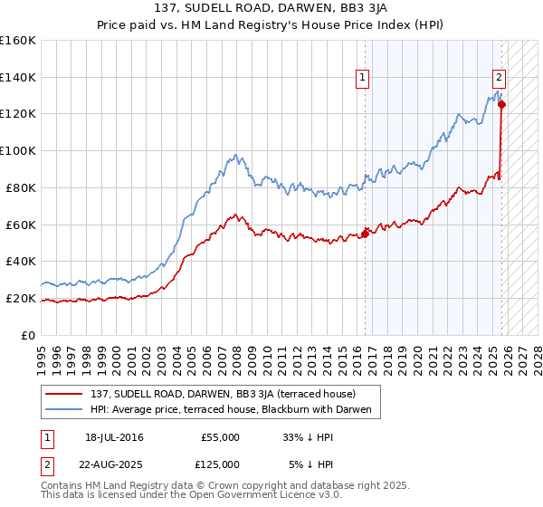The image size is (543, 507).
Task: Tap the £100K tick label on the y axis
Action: (x=17, y=150)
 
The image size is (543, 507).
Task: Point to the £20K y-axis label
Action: (x=20, y=298)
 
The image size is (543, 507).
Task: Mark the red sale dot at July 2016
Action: (x=365, y=234)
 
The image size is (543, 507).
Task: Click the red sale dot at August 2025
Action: (x=502, y=104)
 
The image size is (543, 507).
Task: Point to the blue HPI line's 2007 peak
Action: (x=235, y=156)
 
